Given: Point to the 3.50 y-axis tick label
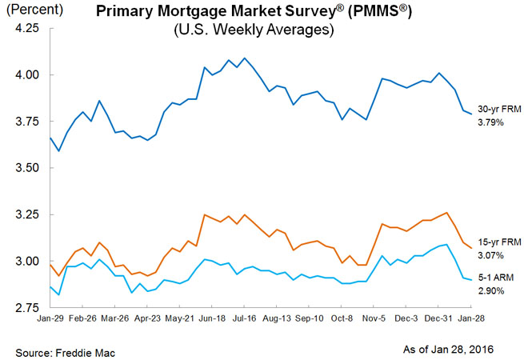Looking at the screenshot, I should [26, 168].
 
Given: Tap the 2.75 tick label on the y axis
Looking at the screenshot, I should [26, 307].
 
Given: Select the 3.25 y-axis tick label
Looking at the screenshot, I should [26, 214].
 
